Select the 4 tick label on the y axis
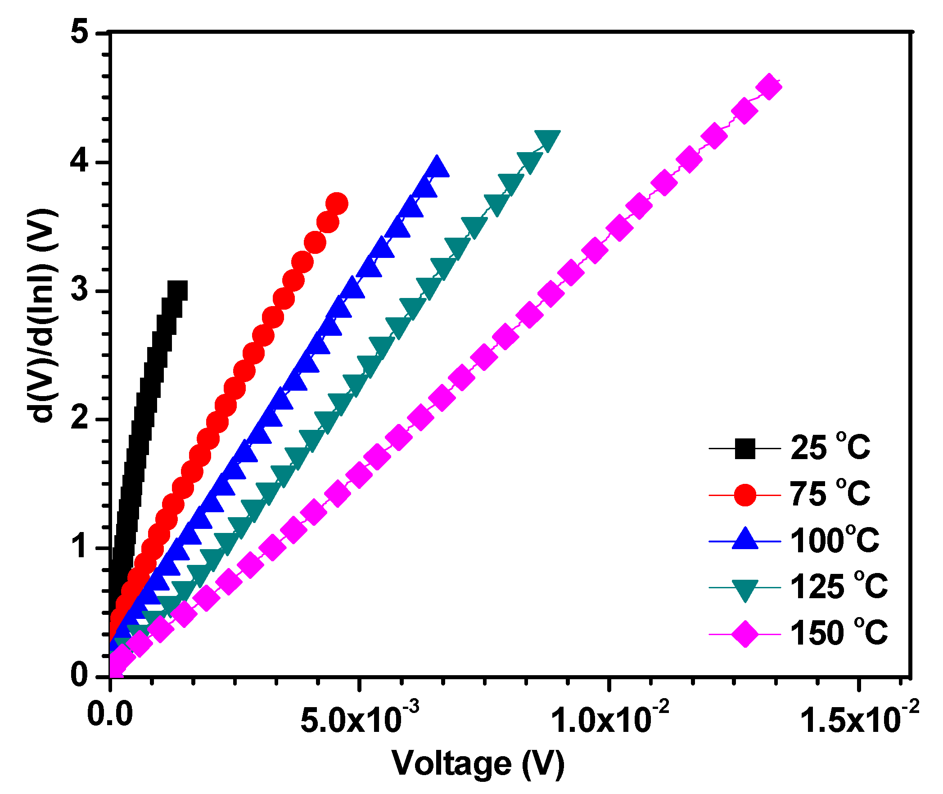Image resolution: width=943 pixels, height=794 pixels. pyautogui.click(x=80, y=161)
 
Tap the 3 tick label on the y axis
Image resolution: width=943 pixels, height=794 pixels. pyautogui.click(x=80, y=289)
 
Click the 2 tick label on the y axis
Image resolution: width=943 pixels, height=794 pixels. pyautogui.click(x=80, y=418)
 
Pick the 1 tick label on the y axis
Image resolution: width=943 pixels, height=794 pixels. pyautogui.click(x=80, y=547)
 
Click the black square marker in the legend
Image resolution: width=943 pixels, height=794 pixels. pyautogui.click(x=744, y=449)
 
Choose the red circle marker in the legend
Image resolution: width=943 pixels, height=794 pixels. pyautogui.click(x=744, y=495)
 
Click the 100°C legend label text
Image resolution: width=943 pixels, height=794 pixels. pyautogui.click(x=834, y=540)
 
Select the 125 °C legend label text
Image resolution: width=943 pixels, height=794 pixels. pyautogui.click(x=839, y=586)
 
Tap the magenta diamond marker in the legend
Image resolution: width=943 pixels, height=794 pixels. pyautogui.click(x=744, y=634)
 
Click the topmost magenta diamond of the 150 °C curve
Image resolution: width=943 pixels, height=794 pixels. pyautogui.click(x=769, y=87)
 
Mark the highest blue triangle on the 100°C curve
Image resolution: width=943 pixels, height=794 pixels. pyautogui.click(x=436, y=168)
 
